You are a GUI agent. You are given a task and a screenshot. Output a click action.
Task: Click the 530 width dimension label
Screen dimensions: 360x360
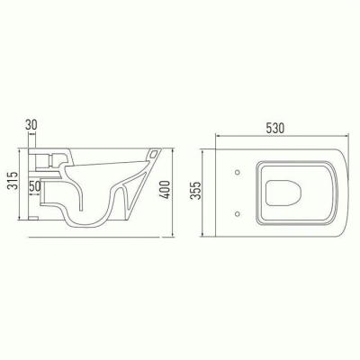pos(274,128)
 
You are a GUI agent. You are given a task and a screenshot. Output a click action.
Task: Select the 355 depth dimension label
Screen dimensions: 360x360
pos(196,191)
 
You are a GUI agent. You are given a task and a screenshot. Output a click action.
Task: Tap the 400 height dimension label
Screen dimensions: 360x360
pos(166,189)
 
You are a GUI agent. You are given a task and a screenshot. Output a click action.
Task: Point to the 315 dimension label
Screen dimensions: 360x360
pos(13,181)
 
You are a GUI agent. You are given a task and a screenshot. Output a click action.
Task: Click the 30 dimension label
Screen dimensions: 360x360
pos(31,125)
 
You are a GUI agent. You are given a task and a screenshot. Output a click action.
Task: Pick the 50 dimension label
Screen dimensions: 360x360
pos(35,186)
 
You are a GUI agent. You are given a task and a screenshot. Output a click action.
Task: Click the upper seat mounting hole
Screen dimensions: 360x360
pos(238,172)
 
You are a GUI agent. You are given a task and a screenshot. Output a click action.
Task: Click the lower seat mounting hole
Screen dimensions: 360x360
pos(238,213)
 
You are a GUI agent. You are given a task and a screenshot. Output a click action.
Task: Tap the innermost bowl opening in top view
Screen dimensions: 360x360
pos(283,193)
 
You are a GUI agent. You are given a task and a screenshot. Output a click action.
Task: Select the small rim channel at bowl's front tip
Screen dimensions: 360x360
pos(154,154)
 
